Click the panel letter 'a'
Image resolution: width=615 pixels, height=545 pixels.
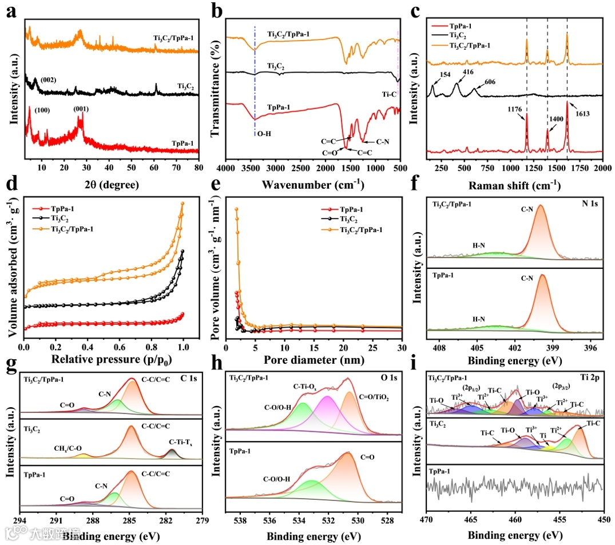tap(10, 10)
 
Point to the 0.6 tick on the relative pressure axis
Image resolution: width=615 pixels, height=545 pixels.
tap(120, 347)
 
